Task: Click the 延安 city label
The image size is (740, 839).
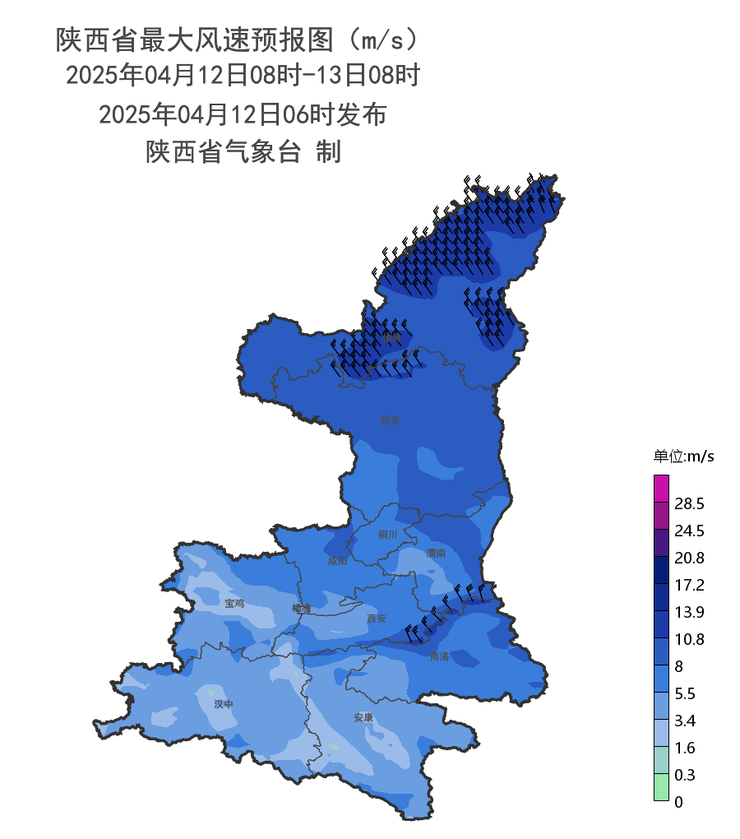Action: click(x=390, y=419)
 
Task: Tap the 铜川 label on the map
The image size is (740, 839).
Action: click(x=387, y=535)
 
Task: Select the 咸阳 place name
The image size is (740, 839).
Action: click(x=337, y=561)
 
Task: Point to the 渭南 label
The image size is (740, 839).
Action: click(x=436, y=554)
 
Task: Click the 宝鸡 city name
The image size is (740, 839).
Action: click(x=235, y=603)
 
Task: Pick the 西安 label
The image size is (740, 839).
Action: click(x=377, y=619)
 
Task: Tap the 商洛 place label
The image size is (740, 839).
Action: click(x=440, y=656)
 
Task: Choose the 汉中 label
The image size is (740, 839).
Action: click(x=224, y=704)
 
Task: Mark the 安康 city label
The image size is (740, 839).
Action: click(x=363, y=717)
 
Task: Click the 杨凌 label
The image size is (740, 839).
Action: click(x=302, y=609)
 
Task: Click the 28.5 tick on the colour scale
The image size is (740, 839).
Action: click(x=689, y=503)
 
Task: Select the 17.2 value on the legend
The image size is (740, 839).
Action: click(x=689, y=585)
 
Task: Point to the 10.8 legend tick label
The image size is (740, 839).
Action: click(x=689, y=639)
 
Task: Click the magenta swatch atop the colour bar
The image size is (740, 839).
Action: click(x=661, y=488)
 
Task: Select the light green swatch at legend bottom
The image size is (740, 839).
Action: click(x=661, y=787)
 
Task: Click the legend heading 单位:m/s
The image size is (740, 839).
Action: click(x=683, y=457)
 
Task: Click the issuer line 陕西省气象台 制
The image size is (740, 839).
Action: click(x=243, y=151)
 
